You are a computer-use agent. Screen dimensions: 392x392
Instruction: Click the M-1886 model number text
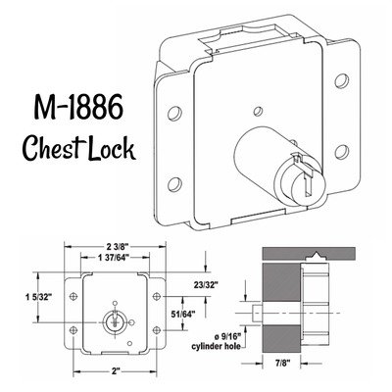point(79,107)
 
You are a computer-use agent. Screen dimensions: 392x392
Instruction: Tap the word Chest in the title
point(51,148)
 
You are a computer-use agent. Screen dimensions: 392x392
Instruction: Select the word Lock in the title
point(112,148)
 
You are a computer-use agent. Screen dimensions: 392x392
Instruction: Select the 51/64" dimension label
point(183,314)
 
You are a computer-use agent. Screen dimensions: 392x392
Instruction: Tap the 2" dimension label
point(115,371)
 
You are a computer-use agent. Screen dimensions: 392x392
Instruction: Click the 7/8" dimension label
point(281,363)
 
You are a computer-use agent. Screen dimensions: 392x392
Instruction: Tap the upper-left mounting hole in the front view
point(73,296)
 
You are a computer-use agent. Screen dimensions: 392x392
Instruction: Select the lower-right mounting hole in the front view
point(157,329)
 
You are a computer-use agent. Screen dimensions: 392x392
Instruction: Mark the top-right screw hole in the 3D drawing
point(341,80)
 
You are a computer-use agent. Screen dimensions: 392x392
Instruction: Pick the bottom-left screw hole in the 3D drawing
point(174,184)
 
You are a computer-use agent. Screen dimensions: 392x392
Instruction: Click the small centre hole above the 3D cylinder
point(258,111)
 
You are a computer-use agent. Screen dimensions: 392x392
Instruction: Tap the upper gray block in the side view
point(281,282)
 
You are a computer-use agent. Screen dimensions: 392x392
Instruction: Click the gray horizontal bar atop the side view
point(309,254)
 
